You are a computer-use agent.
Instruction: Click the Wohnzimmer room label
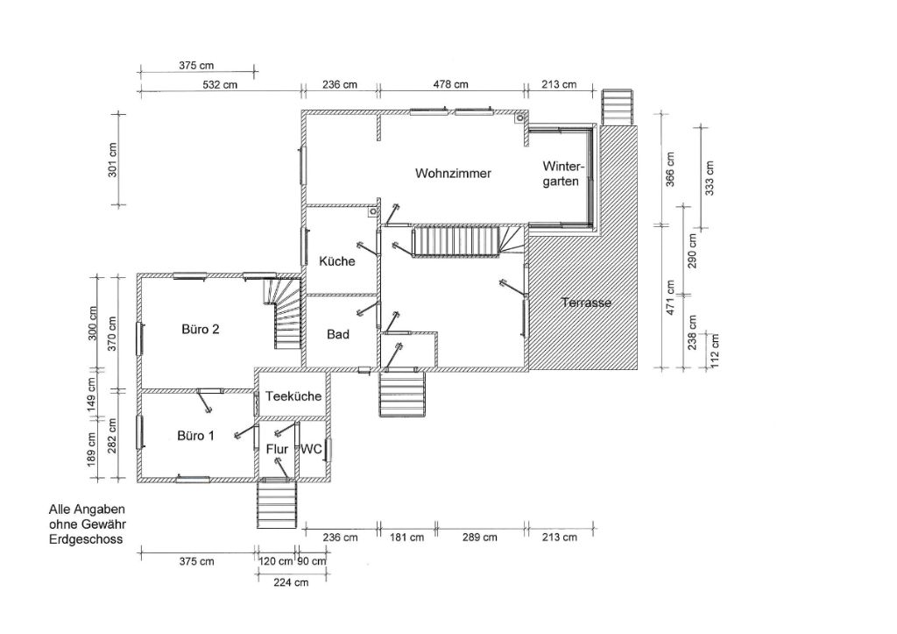coord(453,173)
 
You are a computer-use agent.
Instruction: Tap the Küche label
coord(337,261)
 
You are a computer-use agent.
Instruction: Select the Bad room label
coord(337,334)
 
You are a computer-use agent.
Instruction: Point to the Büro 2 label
coord(201,330)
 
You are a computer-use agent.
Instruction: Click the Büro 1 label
coord(195,436)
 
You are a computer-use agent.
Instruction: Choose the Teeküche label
coord(293,396)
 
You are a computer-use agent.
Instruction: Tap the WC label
coord(312,449)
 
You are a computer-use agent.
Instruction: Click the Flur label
coord(277,449)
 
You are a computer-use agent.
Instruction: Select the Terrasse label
coord(586,303)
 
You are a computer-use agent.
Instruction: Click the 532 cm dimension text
coord(220,85)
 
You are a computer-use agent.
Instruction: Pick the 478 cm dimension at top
coord(451,85)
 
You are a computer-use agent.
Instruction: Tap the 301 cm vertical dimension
coord(113,160)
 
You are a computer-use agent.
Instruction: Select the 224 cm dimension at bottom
coord(291,582)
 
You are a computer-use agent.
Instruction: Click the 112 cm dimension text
coord(715,351)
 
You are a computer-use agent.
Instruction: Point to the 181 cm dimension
coord(406,538)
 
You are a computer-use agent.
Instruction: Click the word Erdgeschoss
coord(86,539)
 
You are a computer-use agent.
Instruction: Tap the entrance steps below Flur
coord(278,503)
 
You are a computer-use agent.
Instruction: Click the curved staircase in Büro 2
coord(283,312)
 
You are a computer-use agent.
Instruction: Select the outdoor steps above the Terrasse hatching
coord(618,106)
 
